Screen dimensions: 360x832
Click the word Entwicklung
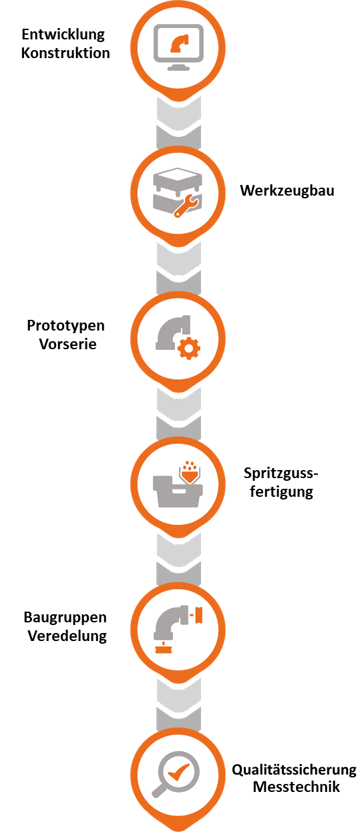(63, 35)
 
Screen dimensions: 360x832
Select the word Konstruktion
(65, 53)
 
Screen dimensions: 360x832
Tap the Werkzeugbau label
(287, 191)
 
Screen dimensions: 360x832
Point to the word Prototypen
(65, 326)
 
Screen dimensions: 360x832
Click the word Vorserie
(67, 345)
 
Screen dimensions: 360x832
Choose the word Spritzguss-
(281, 473)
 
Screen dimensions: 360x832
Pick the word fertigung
(281, 491)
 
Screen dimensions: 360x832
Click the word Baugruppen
(65, 618)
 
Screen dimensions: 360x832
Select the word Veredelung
(67, 636)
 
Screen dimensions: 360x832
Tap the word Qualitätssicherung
(295, 770)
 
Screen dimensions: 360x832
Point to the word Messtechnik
(296, 787)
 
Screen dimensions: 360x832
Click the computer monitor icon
(179, 47)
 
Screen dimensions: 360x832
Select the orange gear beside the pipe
(189, 349)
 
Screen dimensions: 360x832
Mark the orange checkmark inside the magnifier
(178, 772)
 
